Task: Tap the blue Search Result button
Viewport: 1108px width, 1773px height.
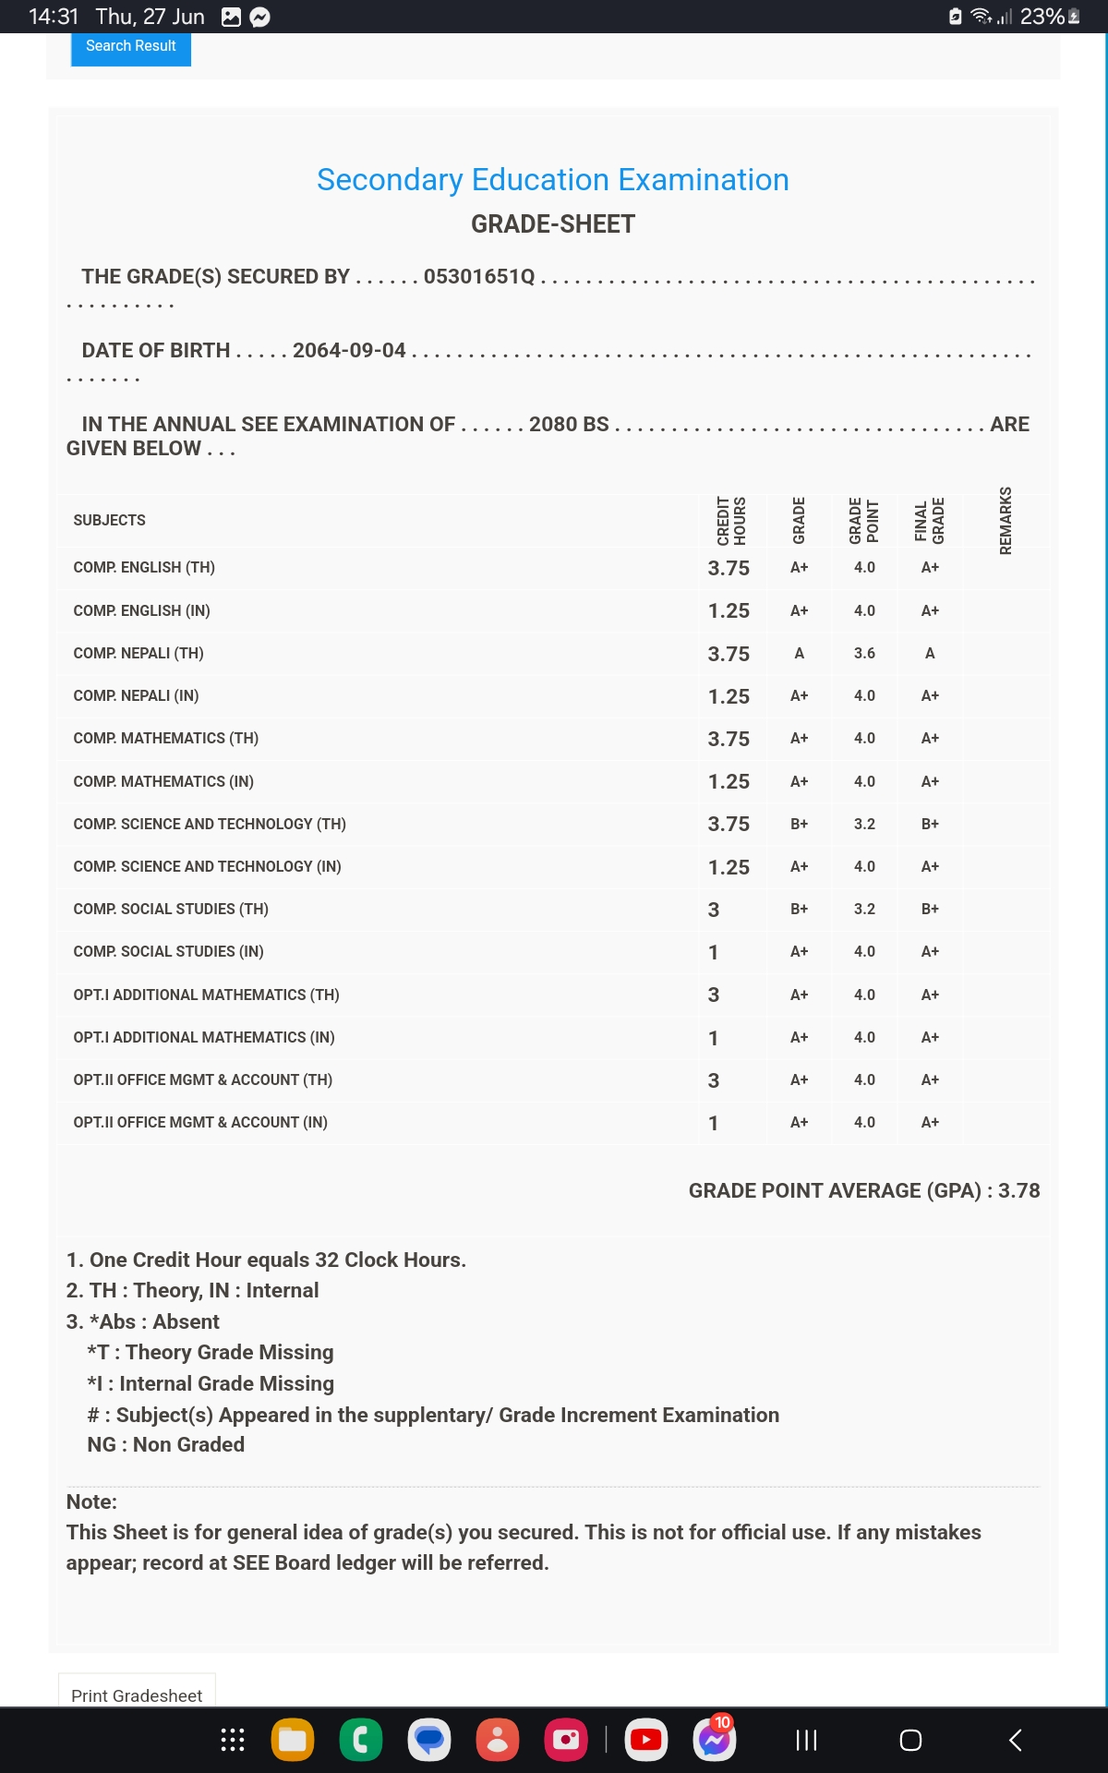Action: pyautogui.click(x=131, y=47)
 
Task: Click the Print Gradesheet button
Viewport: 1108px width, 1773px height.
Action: pyautogui.click(x=137, y=1695)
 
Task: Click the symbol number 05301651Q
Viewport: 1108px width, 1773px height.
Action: pyautogui.click(x=479, y=277)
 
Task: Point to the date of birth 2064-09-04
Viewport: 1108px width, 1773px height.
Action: pyautogui.click(x=349, y=351)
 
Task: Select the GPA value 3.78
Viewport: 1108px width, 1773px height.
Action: pyautogui.click(x=1018, y=1191)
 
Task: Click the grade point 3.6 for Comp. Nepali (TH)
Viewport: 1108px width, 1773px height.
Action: pyautogui.click(x=864, y=654)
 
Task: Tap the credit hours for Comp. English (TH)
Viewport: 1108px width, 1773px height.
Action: pyautogui.click(x=729, y=568)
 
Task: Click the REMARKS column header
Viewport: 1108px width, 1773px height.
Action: pyautogui.click(x=1006, y=521)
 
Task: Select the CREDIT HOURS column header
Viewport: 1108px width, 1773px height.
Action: pyautogui.click(x=731, y=521)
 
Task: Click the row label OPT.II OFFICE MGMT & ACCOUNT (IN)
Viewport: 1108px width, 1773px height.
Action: pyautogui.click(x=200, y=1123)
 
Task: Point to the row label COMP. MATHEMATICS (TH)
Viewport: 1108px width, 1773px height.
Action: pyautogui.click(x=166, y=739)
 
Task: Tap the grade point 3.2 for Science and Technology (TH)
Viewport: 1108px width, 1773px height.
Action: pyautogui.click(x=864, y=825)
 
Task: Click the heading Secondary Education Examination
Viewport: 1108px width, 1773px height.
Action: pyautogui.click(x=552, y=180)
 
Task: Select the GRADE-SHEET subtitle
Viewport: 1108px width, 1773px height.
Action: pyautogui.click(x=552, y=224)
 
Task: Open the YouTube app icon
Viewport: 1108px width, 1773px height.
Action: pyautogui.click(x=645, y=1741)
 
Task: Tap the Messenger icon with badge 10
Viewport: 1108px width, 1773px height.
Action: pyautogui.click(x=714, y=1741)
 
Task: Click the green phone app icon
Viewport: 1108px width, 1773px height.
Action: pyautogui.click(x=361, y=1741)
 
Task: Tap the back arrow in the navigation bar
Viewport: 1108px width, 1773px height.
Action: pyautogui.click(x=1015, y=1741)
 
